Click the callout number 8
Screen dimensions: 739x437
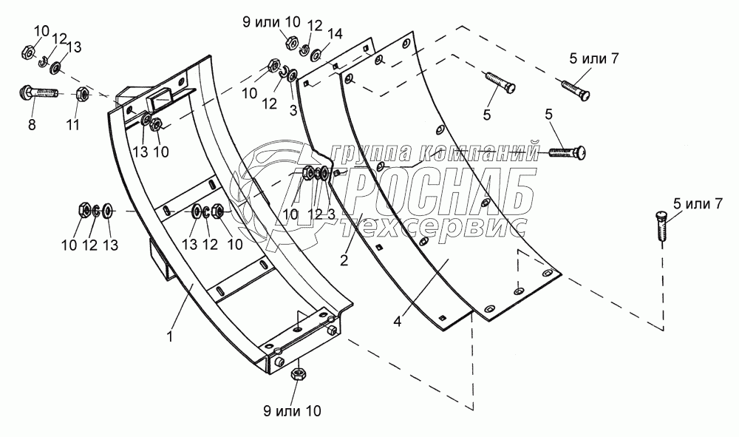[x=31, y=126]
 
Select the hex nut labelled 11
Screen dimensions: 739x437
[x=84, y=95]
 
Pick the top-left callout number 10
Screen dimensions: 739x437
[x=41, y=30]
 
